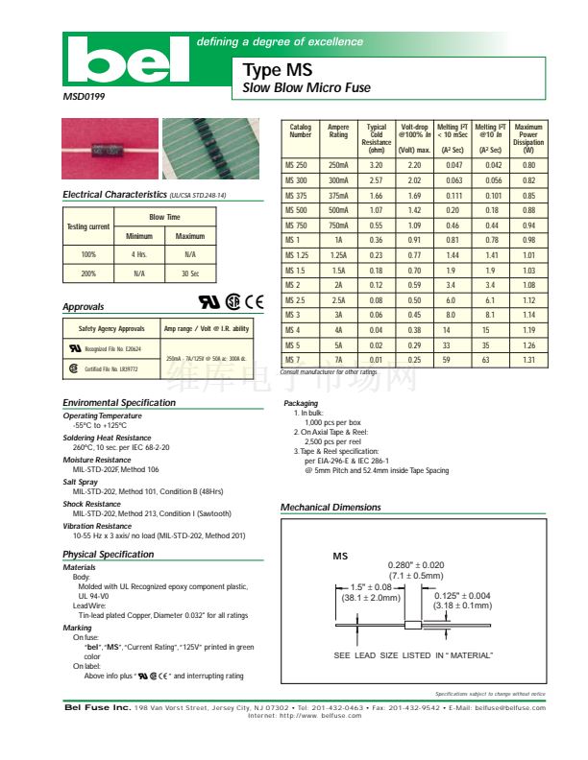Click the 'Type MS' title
click(x=271, y=70)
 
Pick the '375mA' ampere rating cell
click(x=338, y=195)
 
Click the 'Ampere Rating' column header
click(x=338, y=131)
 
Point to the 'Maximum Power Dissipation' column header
click(x=528, y=139)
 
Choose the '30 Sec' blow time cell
click(x=190, y=273)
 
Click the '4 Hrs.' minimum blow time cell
click(x=138, y=254)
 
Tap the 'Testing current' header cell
click(x=87, y=226)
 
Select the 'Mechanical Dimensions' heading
click(x=331, y=508)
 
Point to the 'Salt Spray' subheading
click(x=81, y=482)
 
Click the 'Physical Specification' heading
click(x=109, y=555)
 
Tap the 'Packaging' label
click(x=301, y=404)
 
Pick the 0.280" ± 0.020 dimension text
click(x=416, y=565)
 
